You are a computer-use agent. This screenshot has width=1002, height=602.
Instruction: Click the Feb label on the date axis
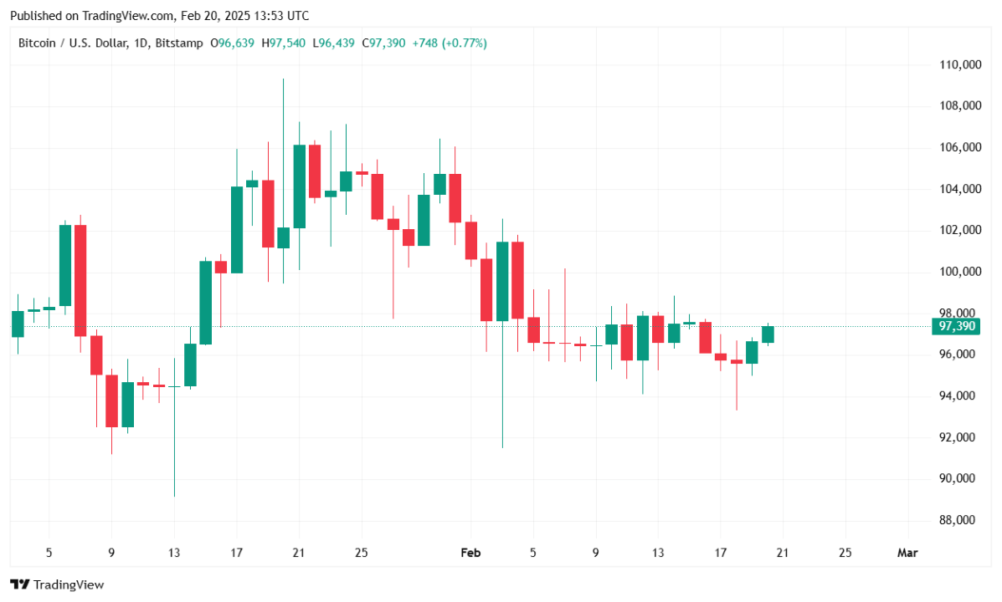(470, 553)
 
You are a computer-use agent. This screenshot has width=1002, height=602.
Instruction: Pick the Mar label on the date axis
(907, 553)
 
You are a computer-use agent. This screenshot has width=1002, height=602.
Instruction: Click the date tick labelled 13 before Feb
(173, 553)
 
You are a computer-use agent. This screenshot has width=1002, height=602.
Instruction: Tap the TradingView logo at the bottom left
(57, 584)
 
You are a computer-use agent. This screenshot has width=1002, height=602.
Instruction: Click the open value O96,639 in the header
(234, 43)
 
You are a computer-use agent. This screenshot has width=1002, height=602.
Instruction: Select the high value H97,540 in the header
(285, 43)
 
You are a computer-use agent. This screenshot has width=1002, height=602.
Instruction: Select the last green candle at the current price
(768, 334)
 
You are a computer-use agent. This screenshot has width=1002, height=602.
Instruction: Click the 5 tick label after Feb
(533, 553)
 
